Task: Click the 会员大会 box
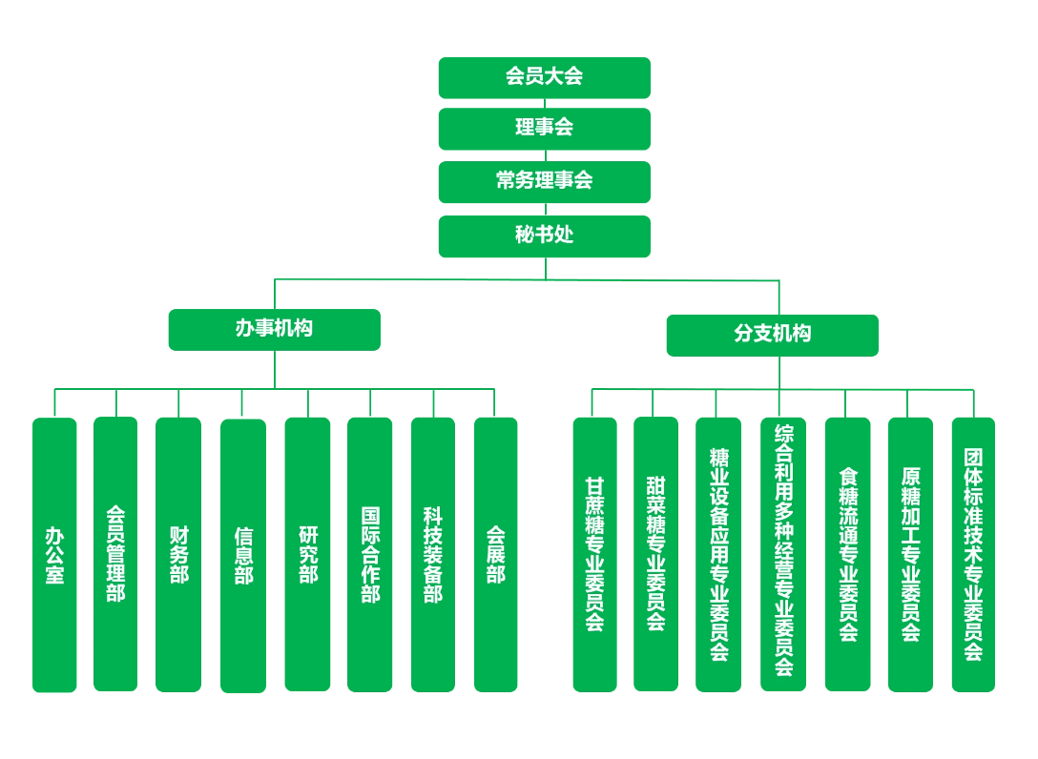pos(544,77)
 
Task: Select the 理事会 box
pos(544,128)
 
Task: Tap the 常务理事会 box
pos(544,181)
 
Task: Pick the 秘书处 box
pos(544,236)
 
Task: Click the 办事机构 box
pos(274,329)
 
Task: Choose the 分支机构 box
pos(772,335)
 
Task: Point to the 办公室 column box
pos(54,554)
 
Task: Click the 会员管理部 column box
pos(115,553)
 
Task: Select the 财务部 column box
pos(178,554)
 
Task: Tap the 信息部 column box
pos(243,556)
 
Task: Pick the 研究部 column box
pos(307,554)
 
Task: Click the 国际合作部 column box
pos(369,554)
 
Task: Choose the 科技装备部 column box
pos(433,554)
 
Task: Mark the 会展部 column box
pos(495,554)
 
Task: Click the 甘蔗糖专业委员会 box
pos(594,554)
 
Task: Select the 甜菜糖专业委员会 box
pos(655,553)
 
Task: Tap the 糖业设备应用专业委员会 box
pos(718,554)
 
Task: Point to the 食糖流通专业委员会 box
pos(847,554)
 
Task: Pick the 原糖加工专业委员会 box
pos(910,554)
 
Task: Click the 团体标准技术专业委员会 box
pos(973,554)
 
